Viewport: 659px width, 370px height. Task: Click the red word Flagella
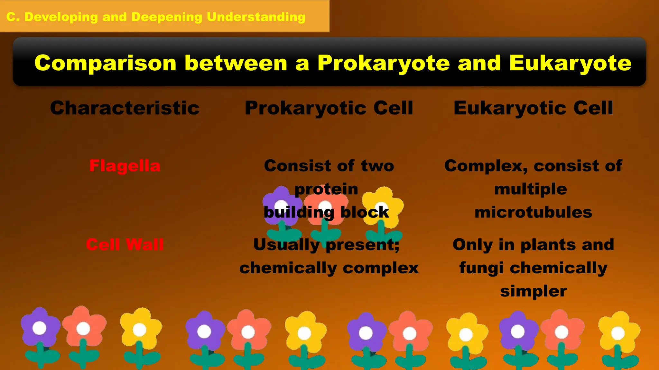125,166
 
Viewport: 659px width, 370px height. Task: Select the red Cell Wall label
125,245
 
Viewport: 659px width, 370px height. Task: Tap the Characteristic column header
125,108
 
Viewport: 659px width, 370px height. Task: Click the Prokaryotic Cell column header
329,108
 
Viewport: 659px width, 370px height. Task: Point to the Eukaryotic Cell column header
533,108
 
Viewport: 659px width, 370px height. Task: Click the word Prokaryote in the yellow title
384,63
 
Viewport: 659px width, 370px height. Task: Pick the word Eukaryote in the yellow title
570,63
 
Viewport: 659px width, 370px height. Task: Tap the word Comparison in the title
105,63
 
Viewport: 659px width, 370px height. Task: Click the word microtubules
533,213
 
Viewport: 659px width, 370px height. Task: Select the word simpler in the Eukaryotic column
533,291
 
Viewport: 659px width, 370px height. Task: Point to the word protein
326,189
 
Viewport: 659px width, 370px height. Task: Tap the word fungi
481,268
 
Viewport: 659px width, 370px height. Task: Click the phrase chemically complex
329,268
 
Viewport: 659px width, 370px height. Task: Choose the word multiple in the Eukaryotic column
531,189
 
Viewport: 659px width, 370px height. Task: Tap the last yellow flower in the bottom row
618,332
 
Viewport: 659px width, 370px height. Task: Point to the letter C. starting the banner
13,17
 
